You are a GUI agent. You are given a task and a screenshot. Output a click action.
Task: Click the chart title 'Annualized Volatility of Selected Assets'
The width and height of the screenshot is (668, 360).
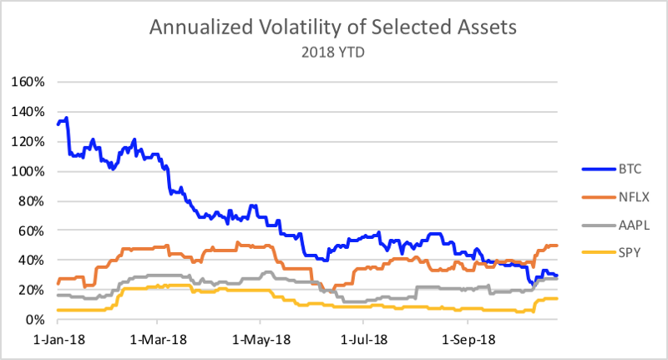click(x=334, y=27)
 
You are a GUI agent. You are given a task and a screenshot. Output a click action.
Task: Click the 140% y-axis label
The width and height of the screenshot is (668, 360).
click(x=28, y=112)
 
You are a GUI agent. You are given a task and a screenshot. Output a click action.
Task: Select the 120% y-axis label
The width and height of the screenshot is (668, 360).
click(x=28, y=141)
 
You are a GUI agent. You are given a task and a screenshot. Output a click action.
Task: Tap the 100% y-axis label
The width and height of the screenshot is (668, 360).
click(x=28, y=171)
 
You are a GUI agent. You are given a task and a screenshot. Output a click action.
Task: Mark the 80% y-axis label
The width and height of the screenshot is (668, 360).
click(x=32, y=200)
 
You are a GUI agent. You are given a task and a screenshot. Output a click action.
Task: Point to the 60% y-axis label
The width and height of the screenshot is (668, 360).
click(x=32, y=231)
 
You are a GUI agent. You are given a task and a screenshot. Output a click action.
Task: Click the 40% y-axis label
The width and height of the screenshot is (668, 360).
click(x=32, y=260)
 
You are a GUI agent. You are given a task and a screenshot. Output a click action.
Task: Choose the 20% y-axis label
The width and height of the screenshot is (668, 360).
click(x=32, y=290)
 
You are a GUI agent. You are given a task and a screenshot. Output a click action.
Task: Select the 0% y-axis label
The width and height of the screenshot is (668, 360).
click(x=35, y=319)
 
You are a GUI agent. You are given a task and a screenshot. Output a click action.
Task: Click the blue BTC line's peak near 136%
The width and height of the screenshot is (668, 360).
click(x=66, y=119)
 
